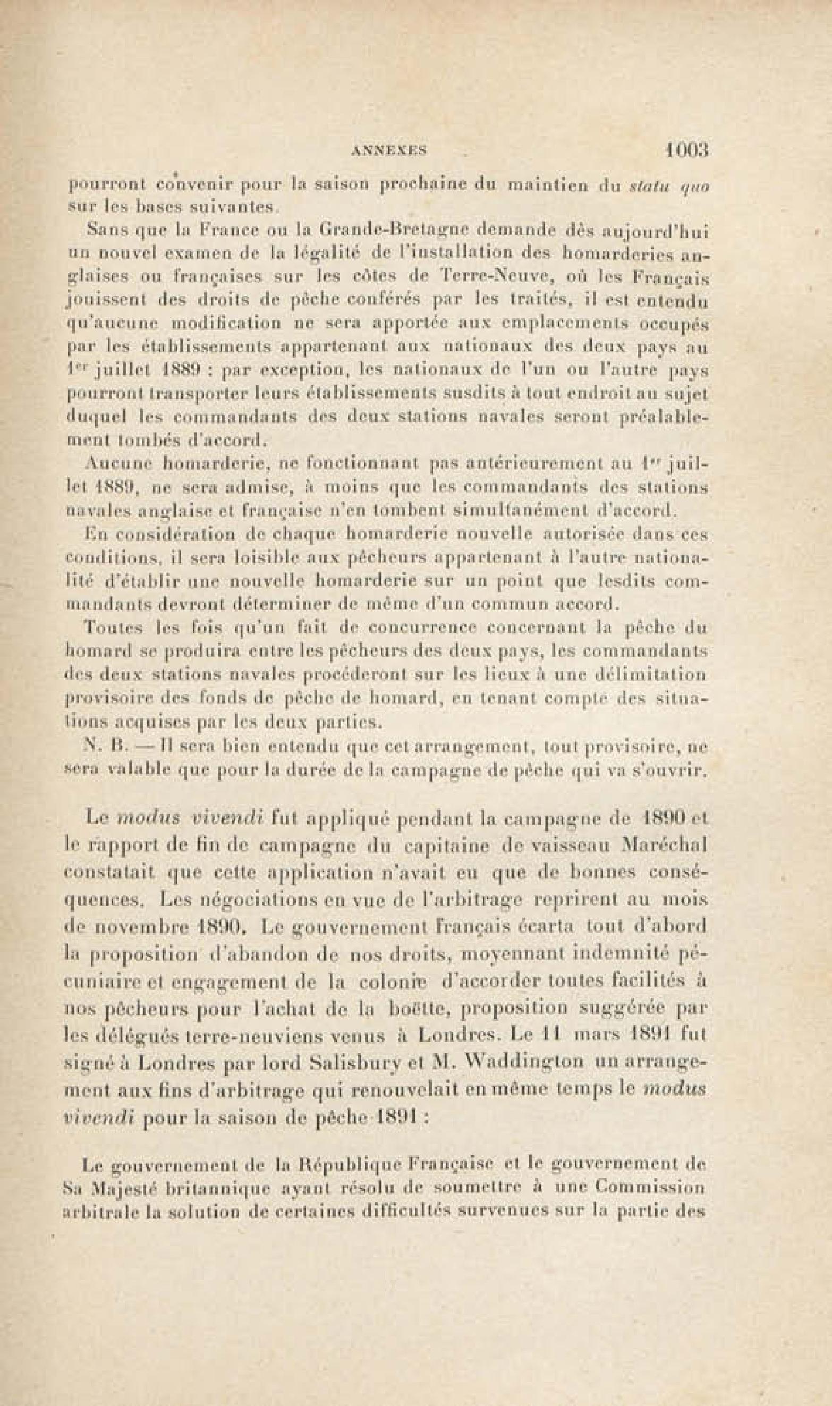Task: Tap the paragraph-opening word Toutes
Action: [x=106, y=628]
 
